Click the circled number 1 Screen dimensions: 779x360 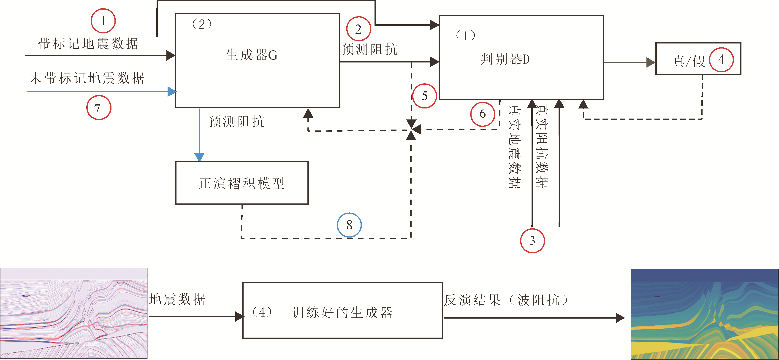tap(103, 21)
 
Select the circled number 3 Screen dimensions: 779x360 tap(532, 240)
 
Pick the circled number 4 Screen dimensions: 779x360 tap(721, 59)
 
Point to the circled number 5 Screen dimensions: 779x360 tap(425, 96)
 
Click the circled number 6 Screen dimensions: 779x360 tap(483, 114)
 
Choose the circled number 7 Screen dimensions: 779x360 tap(99, 108)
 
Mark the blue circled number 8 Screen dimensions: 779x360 tap(349, 225)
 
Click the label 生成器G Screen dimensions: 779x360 tap(252, 55)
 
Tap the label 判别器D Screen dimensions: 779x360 tap(505, 59)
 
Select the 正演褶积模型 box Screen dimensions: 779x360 tap(242, 183)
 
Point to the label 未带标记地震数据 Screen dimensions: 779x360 tap(87, 78)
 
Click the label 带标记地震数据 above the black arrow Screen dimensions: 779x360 tap(88, 43)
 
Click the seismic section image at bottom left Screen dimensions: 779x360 tap(74, 313)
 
